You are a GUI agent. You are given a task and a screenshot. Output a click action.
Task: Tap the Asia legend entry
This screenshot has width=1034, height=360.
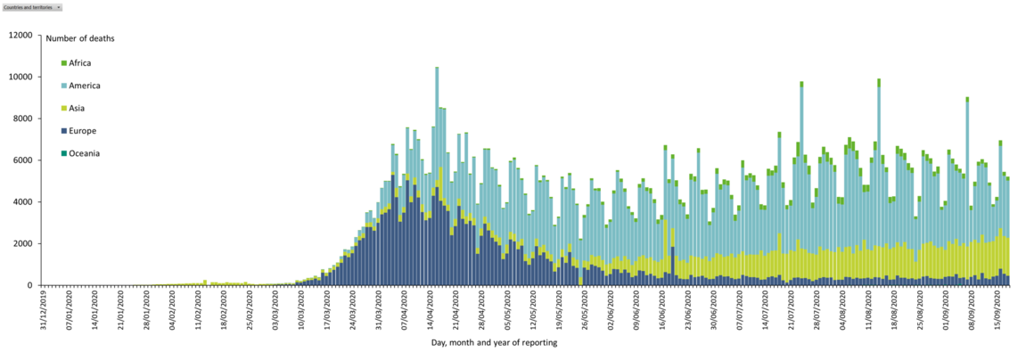[78, 109]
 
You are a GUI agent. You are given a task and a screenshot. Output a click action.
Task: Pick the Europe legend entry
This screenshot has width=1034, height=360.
[82, 131]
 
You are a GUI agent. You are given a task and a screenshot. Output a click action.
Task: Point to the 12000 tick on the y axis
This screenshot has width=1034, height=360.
[20, 36]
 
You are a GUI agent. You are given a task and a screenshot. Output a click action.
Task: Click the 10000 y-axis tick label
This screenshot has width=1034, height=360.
[20, 78]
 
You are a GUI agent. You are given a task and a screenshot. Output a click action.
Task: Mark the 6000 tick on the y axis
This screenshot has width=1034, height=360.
[22, 160]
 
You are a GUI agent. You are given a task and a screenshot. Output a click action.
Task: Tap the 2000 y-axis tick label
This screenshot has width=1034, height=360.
[22, 243]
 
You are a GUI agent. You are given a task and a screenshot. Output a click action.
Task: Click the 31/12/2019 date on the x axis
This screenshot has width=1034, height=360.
[41, 307]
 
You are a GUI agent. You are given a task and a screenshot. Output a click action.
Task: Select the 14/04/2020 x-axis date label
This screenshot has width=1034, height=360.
[430, 307]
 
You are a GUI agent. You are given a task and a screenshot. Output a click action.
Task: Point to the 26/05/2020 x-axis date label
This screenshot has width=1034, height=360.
[584, 307]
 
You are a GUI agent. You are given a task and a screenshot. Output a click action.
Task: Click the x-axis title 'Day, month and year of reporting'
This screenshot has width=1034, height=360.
[495, 343]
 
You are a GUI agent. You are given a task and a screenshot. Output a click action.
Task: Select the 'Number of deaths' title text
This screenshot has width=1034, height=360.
[80, 39]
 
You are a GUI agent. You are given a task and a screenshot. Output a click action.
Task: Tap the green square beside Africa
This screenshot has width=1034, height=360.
[64, 63]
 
